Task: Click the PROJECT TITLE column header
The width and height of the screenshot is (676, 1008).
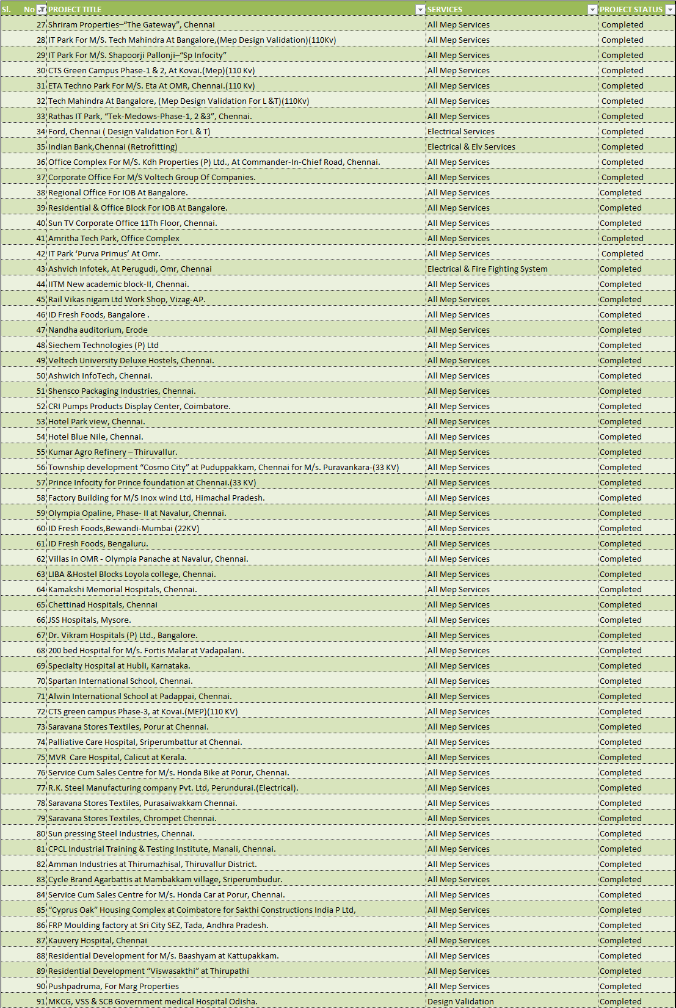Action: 75,9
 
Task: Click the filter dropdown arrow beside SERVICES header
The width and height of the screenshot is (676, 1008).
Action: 592,9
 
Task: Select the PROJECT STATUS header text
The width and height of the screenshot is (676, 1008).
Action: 631,9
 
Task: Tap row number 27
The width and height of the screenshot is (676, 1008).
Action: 41,24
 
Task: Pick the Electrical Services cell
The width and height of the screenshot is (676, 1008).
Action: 461,131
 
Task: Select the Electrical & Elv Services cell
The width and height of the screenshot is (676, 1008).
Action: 471,147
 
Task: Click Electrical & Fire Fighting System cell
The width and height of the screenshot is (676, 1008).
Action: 487,269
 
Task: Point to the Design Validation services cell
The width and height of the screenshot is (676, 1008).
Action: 460,1001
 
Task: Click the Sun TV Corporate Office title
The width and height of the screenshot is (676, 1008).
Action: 133,223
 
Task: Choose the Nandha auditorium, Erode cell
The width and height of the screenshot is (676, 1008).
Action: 98,330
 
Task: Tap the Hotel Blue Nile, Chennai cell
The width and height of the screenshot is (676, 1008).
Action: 96,437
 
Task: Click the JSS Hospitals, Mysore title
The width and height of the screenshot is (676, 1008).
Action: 90,620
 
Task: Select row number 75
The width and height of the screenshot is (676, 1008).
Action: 41,757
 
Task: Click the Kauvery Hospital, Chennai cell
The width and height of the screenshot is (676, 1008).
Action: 98,940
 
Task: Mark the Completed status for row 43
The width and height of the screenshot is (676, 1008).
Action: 620,269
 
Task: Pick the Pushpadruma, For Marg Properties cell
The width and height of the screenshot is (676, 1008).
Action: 114,986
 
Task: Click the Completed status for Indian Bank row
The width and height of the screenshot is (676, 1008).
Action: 622,147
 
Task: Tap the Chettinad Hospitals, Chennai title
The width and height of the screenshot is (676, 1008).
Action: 103,604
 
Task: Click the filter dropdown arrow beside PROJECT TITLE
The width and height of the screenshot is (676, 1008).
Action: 420,9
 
